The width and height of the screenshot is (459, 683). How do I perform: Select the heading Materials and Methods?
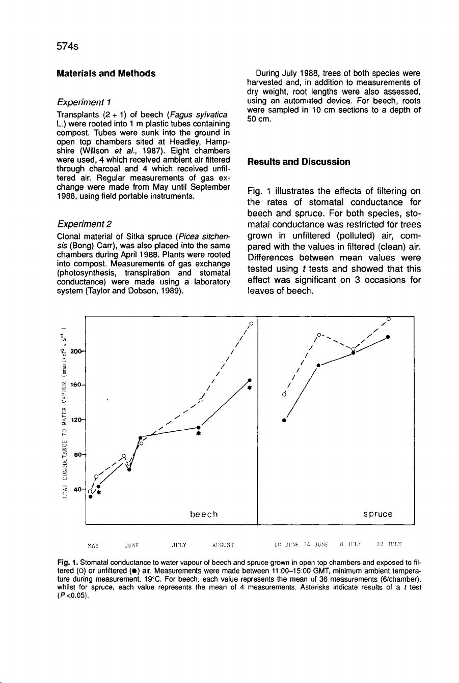coord(106,73)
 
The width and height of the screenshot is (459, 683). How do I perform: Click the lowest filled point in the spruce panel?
coord(284,421)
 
